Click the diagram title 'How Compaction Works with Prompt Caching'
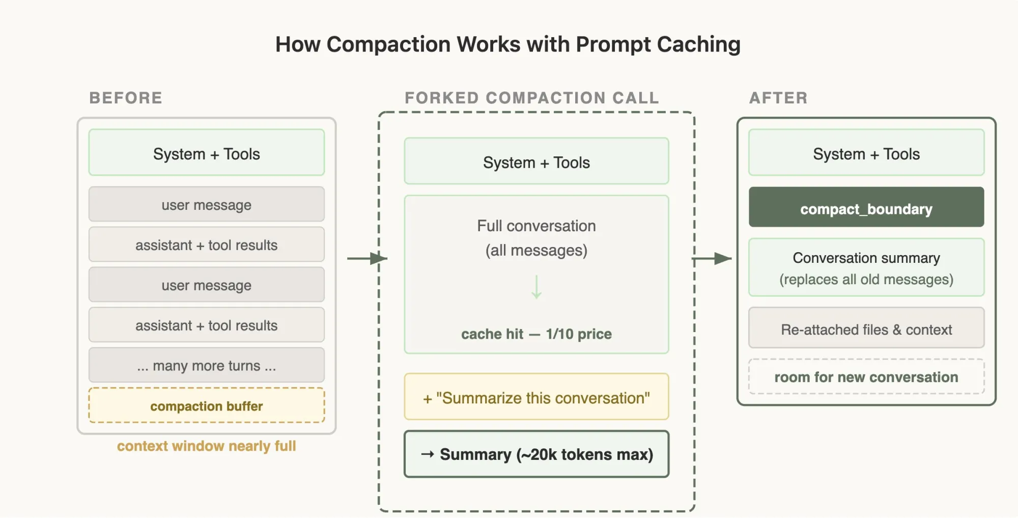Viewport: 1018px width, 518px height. (x=507, y=44)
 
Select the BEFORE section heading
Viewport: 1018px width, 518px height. (x=126, y=98)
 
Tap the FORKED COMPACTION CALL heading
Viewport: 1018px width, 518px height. (x=531, y=98)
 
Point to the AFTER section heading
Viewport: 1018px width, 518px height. (x=778, y=98)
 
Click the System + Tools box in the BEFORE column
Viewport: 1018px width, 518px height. (x=206, y=153)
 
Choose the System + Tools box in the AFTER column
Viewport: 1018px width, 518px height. (x=866, y=153)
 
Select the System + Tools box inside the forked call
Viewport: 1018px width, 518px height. (x=536, y=161)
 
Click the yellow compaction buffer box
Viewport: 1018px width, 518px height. (x=206, y=405)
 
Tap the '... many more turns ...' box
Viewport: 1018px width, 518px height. (x=206, y=365)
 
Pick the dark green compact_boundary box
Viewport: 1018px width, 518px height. (x=866, y=207)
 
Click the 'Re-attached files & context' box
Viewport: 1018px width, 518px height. (x=866, y=329)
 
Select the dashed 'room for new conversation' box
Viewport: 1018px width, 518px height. (x=866, y=377)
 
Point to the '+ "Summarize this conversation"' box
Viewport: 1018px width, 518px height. (x=536, y=397)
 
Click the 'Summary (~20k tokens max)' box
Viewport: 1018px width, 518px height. (x=536, y=454)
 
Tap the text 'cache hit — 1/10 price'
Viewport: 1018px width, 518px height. (x=536, y=334)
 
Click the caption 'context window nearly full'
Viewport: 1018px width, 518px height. (x=206, y=446)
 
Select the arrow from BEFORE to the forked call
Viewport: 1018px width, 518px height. (x=366, y=258)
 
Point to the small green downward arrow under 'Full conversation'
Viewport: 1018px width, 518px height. (x=536, y=287)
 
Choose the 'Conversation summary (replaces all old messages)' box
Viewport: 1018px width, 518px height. (x=866, y=268)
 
